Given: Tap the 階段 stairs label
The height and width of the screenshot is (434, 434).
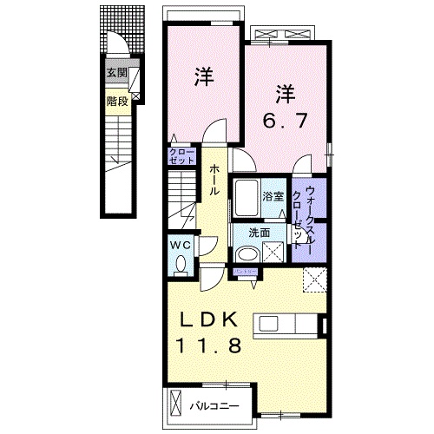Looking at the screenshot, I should tap(117, 102).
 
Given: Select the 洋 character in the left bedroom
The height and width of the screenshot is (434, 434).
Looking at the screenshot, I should tap(205, 76).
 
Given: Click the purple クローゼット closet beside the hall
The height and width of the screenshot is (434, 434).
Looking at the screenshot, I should tap(182, 157).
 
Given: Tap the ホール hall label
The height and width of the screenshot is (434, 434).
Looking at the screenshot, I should tap(214, 181).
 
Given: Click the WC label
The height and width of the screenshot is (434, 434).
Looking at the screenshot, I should tap(180, 245).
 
